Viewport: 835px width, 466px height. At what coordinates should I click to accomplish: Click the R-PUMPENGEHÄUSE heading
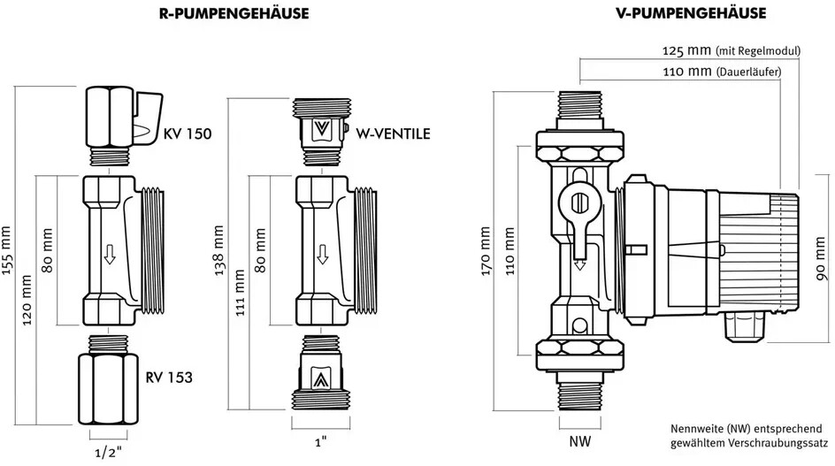click(234, 13)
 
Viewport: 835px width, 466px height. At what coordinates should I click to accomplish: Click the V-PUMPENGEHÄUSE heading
click(691, 13)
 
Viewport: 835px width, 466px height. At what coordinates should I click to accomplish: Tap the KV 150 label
click(188, 134)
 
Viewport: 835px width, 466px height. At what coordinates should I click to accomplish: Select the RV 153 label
click(169, 377)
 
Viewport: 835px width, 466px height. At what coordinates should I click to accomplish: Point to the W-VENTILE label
click(393, 134)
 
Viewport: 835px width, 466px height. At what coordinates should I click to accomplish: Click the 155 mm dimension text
click(6, 250)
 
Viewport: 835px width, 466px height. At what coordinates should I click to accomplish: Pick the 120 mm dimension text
click(27, 300)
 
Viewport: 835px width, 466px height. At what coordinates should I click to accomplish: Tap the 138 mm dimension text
click(218, 250)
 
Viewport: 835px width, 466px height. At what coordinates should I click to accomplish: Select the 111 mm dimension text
click(241, 293)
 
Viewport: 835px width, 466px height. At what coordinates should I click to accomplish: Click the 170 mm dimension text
click(485, 251)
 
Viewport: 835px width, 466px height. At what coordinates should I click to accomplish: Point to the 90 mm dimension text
click(823, 259)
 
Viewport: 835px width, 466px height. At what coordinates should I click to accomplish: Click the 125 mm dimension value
click(687, 50)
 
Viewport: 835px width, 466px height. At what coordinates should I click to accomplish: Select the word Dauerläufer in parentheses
click(749, 72)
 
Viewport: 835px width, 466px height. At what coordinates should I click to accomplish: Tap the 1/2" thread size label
click(108, 453)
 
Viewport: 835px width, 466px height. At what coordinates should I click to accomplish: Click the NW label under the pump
click(580, 441)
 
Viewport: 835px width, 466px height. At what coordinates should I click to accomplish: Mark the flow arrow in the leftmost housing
click(110, 255)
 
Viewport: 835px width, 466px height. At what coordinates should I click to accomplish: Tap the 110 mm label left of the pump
click(510, 251)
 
